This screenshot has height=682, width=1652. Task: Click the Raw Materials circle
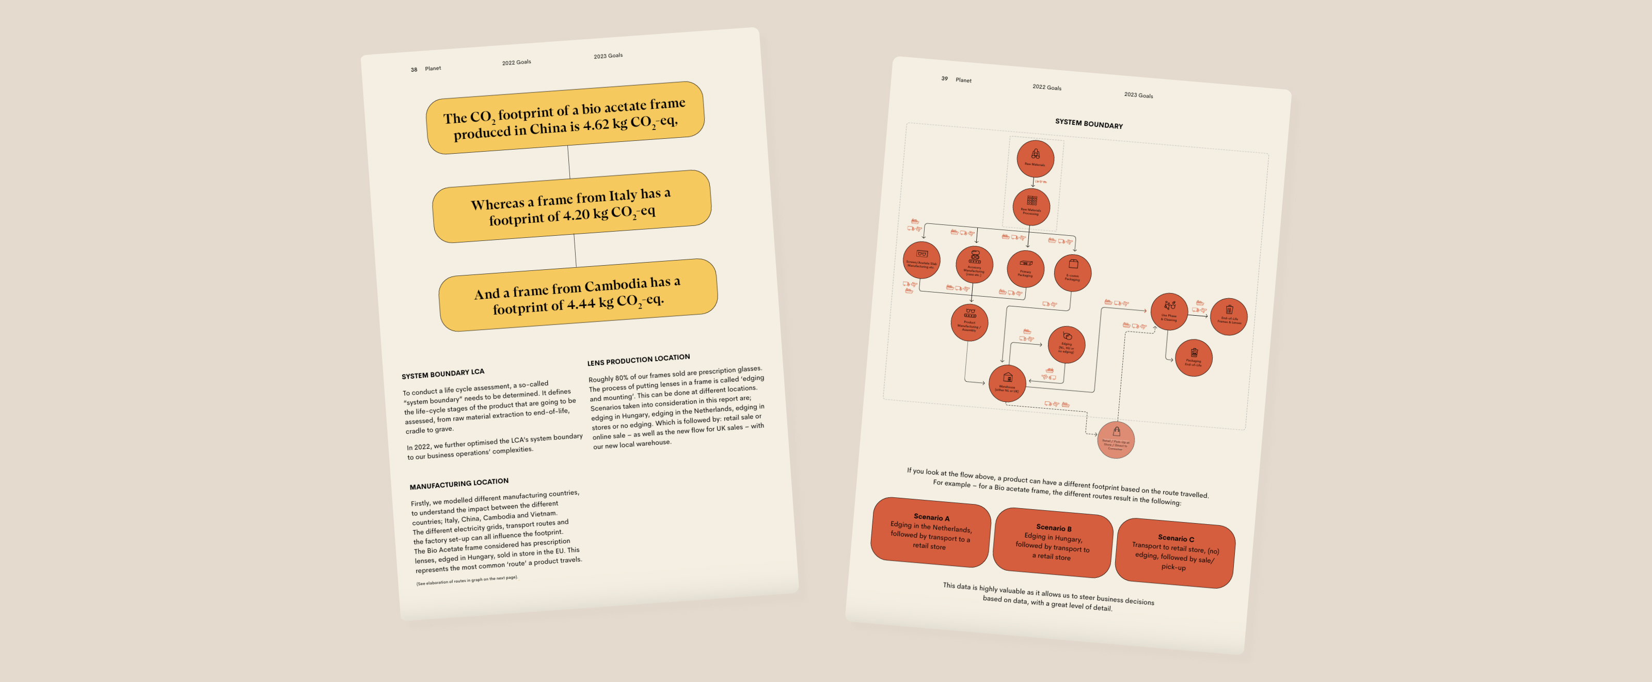[x=1035, y=158]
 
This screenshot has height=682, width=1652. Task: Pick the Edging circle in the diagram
[x=1066, y=344]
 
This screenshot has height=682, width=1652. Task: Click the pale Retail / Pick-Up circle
[x=1116, y=439]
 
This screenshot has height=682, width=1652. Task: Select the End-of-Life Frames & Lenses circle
[x=1229, y=316]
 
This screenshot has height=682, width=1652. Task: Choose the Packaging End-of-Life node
[x=1194, y=358]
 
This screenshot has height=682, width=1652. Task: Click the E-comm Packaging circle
[x=1073, y=272]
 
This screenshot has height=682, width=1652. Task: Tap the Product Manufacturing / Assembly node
[x=970, y=322]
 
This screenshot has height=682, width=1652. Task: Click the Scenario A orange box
[x=930, y=532]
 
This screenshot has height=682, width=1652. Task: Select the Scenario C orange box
[x=1175, y=553]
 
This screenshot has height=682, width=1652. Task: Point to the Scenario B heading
[x=1054, y=528]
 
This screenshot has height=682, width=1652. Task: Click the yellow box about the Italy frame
[x=571, y=206]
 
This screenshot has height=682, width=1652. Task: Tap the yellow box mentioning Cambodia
[x=578, y=295]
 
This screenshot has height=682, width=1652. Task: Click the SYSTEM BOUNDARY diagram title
[x=1089, y=124]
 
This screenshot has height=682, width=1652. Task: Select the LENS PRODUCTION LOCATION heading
[x=638, y=360]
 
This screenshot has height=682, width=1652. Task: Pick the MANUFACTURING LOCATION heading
[x=458, y=483]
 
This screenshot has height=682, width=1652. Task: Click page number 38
[x=414, y=70]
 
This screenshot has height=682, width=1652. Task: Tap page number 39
[x=944, y=79]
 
